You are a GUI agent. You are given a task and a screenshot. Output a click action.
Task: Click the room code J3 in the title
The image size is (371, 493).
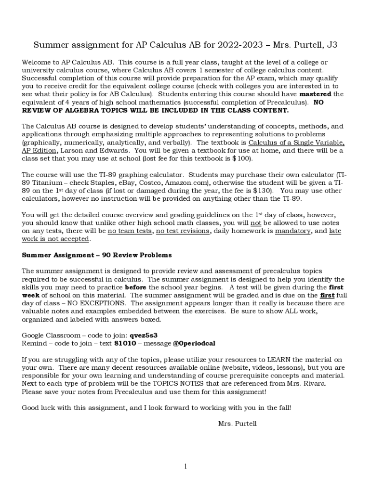click(x=332, y=45)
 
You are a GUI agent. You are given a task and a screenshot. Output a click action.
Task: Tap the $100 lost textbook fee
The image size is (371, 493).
click(x=242, y=158)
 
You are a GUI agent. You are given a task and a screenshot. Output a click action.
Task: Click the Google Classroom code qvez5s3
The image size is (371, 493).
click(x=144, y=335)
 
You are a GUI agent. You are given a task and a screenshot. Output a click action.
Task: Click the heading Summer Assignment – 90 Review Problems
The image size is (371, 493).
click(x=97, y=255)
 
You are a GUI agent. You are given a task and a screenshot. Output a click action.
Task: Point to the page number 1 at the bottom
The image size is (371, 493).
click(x=185, y=466)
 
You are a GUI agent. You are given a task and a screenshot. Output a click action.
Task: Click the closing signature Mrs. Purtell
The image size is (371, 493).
click(x=238, y=424)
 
